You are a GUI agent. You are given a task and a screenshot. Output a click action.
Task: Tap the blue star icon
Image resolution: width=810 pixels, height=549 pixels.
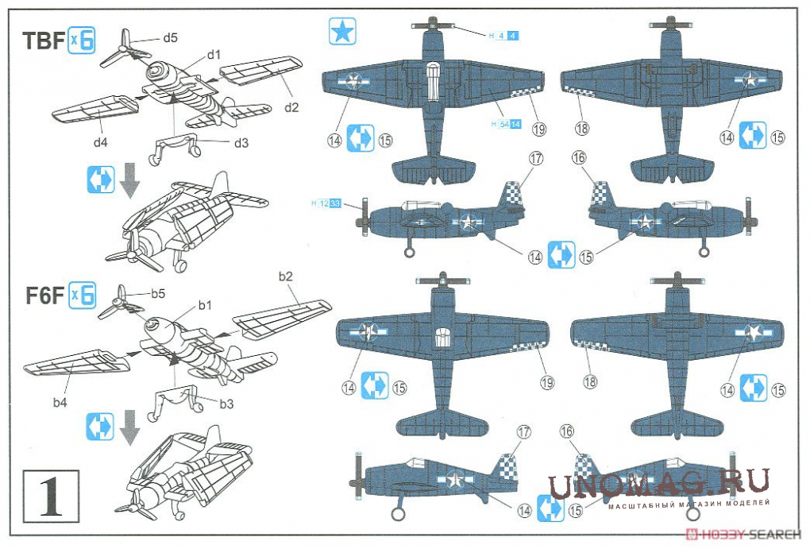click(x=343, y=33)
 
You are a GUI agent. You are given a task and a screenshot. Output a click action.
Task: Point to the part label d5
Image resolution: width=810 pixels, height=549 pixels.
click(x=170, y=37)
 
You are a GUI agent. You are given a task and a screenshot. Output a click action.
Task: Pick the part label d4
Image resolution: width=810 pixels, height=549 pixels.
click(x=99, y=143)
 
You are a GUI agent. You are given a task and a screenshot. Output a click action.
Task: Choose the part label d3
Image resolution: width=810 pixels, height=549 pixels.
click(x=241, y=142)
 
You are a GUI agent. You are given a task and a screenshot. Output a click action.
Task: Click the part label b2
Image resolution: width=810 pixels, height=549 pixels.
click(x=286, y=276)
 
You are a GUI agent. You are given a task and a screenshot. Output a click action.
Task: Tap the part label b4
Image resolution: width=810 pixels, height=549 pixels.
click(x=60, y=403)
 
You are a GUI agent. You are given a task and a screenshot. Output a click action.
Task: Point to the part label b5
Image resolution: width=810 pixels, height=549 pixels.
click(x=159, y=294)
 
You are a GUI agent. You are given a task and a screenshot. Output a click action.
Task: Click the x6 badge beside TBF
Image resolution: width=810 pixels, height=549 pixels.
click(x=82, y=41)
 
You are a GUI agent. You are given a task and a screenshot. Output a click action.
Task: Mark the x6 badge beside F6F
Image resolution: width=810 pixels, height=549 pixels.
click(x=82, y=296)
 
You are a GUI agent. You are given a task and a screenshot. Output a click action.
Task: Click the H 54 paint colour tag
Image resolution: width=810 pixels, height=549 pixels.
click(x=505, y=125)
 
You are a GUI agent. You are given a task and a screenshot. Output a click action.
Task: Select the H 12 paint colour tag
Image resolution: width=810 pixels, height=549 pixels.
click(x=326, y=204)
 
